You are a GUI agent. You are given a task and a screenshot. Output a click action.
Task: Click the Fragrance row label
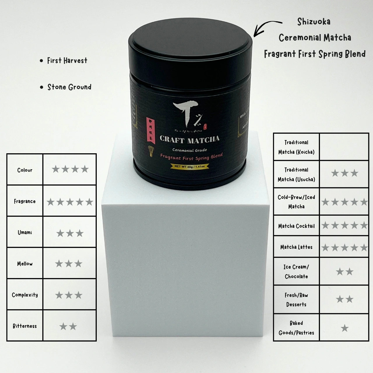pyautogui.click(x=25, y=201)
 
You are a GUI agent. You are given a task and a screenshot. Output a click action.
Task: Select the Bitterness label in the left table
pyautogui.click(x=25, y=326)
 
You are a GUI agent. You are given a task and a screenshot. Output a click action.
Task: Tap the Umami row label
pyautogui.click(x=25, y=233)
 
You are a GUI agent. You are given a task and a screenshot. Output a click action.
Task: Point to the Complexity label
pyautogui.click(x=25, y=295)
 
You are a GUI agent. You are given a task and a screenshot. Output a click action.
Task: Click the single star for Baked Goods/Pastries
pyautogui.click(x=345, y=328)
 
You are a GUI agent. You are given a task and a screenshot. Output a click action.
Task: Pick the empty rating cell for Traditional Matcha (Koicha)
pyautogui.click(x=344, y=147)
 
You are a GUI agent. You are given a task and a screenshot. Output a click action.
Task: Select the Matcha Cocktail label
pyautogui.click(x=296, y=226)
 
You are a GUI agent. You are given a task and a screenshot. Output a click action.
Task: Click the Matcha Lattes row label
pyautogui.click(x=296, y=247)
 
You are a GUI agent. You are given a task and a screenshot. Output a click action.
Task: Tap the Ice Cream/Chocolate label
pyautogui.click(x=296, y=272)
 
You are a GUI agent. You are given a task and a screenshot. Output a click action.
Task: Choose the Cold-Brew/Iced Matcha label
pyautogui.click(x=296, y=202)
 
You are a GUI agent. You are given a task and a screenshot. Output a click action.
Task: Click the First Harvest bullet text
pyautogui.click(x=67, y=61)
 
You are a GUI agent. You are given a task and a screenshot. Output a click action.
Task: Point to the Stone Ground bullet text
pyautogui.click(x=69, y=87)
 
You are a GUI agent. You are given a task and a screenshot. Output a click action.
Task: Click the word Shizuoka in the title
pyautogui.click(x=314, y=22)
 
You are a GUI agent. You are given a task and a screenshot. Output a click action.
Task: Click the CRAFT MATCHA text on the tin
pyautogui.click(x=189, y=140)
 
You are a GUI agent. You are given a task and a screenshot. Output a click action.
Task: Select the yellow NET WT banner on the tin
pyautogui.click(x=190, y=166)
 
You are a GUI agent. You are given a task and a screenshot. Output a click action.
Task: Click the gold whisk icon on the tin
pyautogui.click(x=151, y=151)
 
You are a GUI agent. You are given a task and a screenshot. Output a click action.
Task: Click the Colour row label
pyautogui.click(x=25, y=170)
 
